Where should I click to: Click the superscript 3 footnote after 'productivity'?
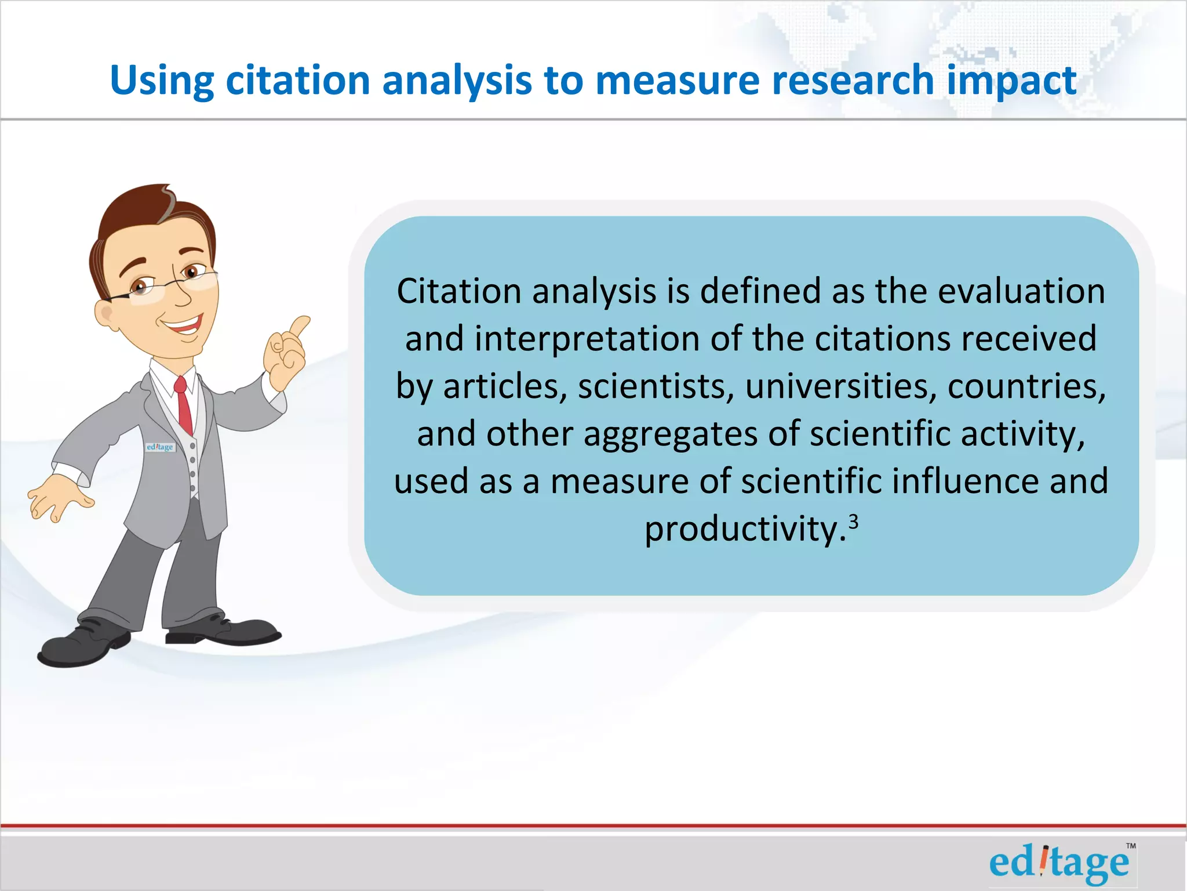click(853, 523)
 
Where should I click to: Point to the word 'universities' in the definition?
click(840, 386)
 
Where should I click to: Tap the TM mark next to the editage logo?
click(1130, 846)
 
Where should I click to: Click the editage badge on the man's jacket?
click(160, 447)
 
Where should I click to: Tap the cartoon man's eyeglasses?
click(168, 284)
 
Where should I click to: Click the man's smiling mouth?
click(184, 325)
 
